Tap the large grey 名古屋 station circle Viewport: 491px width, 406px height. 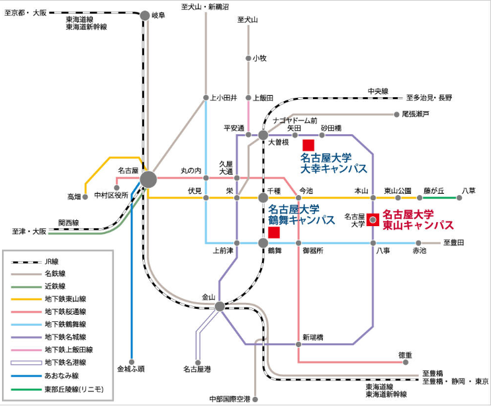point(148,179)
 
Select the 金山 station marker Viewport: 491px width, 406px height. point(220,306)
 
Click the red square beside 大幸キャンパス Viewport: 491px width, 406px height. point(308,145)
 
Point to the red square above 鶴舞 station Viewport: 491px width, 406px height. point(274,233)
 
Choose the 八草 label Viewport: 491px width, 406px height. point(469,190)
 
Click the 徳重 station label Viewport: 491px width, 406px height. point(406,355)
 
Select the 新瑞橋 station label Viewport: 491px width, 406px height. point(313,337)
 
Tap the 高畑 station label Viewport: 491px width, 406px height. point(74,196)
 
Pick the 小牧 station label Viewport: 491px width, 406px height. point(259,58)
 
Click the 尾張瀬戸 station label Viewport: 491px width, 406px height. point(416,114)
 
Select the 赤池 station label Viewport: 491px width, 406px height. point(420,251)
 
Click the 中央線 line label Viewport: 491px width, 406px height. point(378,91)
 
